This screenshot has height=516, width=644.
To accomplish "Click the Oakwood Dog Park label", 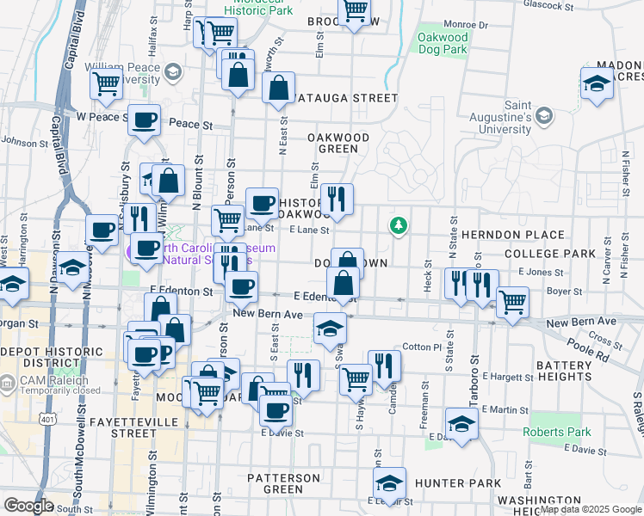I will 443,44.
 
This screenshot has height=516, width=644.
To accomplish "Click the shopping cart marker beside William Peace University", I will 106,83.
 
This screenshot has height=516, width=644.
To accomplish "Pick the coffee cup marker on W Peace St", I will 145,120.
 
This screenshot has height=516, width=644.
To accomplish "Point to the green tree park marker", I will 398,226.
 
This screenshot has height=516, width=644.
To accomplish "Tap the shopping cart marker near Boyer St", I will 512,302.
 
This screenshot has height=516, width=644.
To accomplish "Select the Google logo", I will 28,506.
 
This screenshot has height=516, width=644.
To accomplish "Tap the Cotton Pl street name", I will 421,347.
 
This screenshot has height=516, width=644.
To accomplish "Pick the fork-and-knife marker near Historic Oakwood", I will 337,199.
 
